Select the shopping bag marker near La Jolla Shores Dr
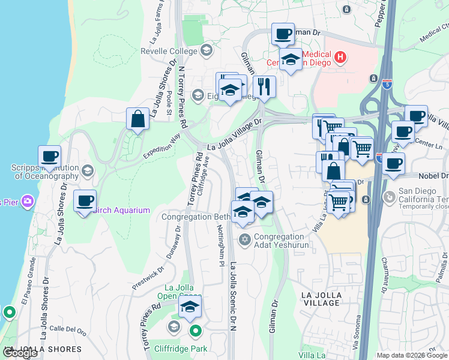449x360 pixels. click(138, 119)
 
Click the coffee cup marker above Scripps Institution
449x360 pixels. click(50, 157)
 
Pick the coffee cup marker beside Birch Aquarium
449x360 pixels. click(85, 201)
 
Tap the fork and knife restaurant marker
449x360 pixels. click(264, 87)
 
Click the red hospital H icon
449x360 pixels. click(340, 58)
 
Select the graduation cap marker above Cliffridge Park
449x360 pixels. click(190, 308)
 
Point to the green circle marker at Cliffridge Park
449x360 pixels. click(196, 331)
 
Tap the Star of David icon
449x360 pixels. click(244, 240)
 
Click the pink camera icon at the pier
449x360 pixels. click(27, 201)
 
